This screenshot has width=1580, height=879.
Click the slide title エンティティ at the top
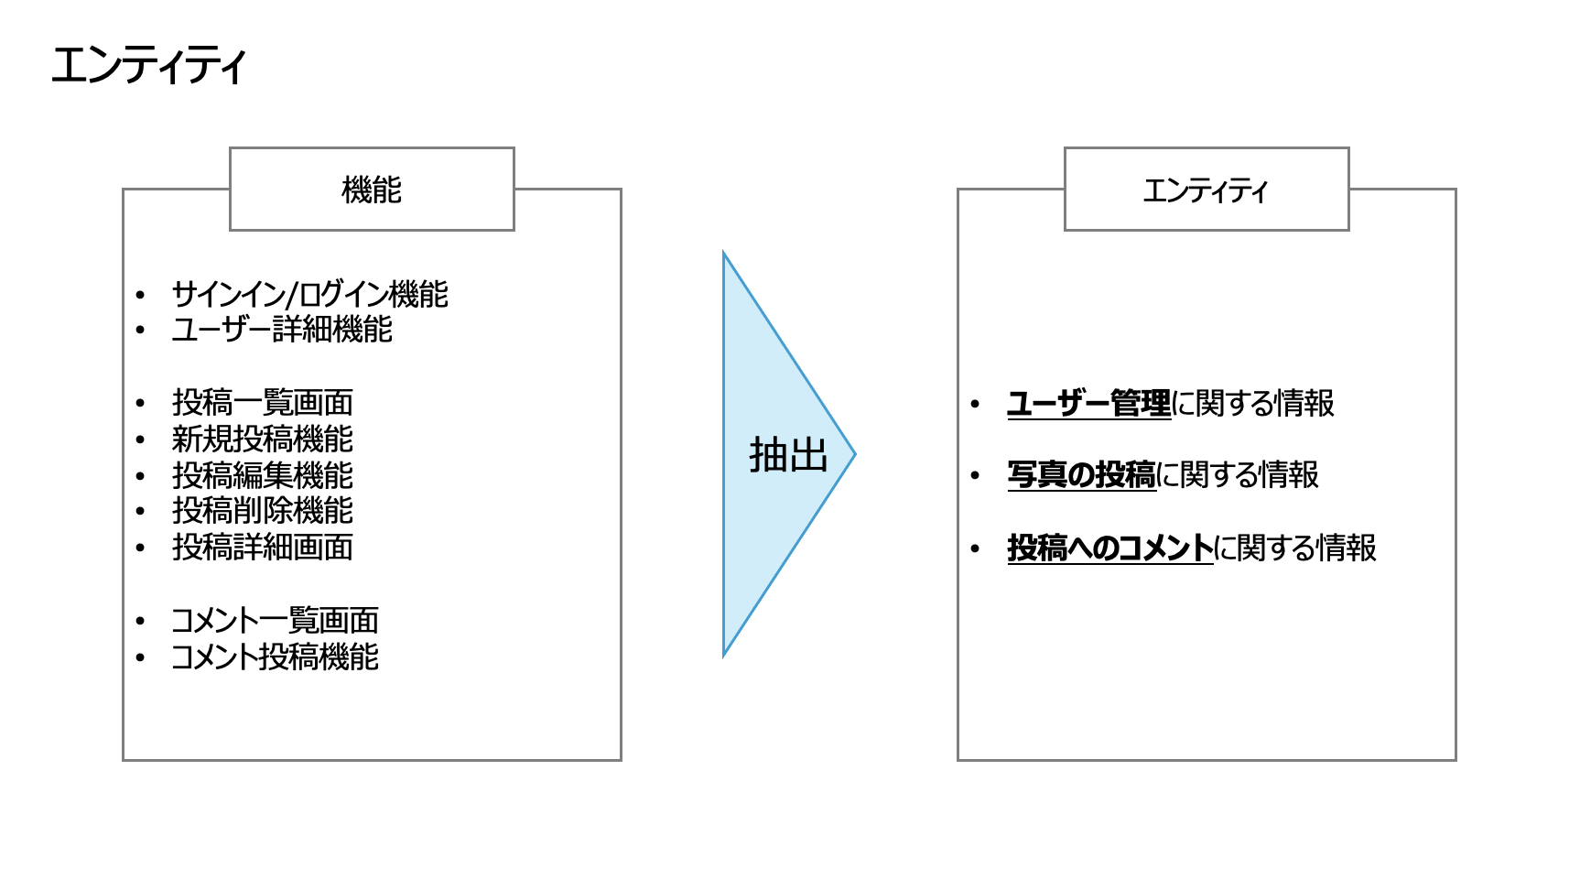(x=148, y=66)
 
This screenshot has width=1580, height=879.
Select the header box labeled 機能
(x=372, y=190)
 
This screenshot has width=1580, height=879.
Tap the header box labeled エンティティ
(x=1207, y=190)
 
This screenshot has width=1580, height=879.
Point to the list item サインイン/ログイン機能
(x=309, y=295)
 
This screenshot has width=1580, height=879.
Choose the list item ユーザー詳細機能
(x=282, y=330)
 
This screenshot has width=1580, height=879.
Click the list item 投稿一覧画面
(x=263, y=403)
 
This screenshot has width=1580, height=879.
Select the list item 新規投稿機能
(x=263, y=439)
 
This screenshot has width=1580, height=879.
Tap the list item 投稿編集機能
(x=263, y=475)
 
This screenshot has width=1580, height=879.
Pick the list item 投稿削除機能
(x=263, y=511)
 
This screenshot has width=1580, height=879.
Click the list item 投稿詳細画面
(x=263, y=548)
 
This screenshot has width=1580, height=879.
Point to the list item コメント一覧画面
(x=275, y=621)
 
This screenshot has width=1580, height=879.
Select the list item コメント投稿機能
(x=275, y=657)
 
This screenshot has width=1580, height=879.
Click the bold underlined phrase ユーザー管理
(x=1088, y=404)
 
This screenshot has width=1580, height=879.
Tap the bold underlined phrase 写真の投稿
(x=1081, y=475)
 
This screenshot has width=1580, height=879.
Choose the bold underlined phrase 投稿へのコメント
(x=1109, y=548)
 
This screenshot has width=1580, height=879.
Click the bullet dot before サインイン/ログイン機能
(x=140, y=296)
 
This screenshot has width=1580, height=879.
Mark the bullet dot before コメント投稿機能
(x=140, y=658)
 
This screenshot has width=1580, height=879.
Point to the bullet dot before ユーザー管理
(x=975, y=404)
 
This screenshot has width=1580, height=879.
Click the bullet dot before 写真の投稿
(x=975, y=476)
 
